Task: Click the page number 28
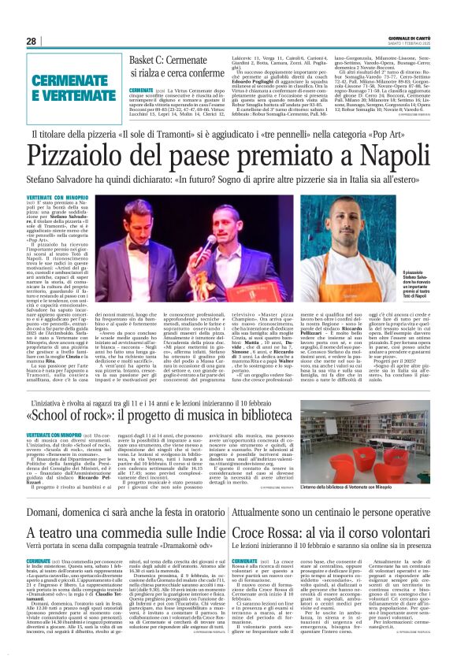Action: (32, 42)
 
